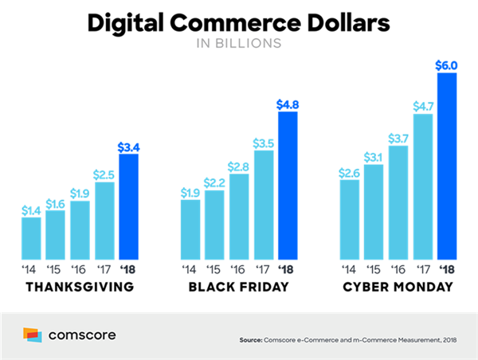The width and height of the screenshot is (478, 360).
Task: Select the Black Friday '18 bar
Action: [x=287, y=184]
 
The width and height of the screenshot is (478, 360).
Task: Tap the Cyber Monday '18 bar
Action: [x=446, y=163]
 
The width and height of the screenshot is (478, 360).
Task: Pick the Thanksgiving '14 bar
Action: [x=31, y=237]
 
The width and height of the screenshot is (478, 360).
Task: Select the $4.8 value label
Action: [x=287, y=103]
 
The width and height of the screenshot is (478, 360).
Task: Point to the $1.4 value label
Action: [x=31, y=209]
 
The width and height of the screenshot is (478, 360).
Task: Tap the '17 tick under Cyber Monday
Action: [x=422, y=267]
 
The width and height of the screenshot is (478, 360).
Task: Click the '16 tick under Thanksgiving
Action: [x=79, y=267]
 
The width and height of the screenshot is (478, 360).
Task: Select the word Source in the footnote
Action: [x=251, y=341]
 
